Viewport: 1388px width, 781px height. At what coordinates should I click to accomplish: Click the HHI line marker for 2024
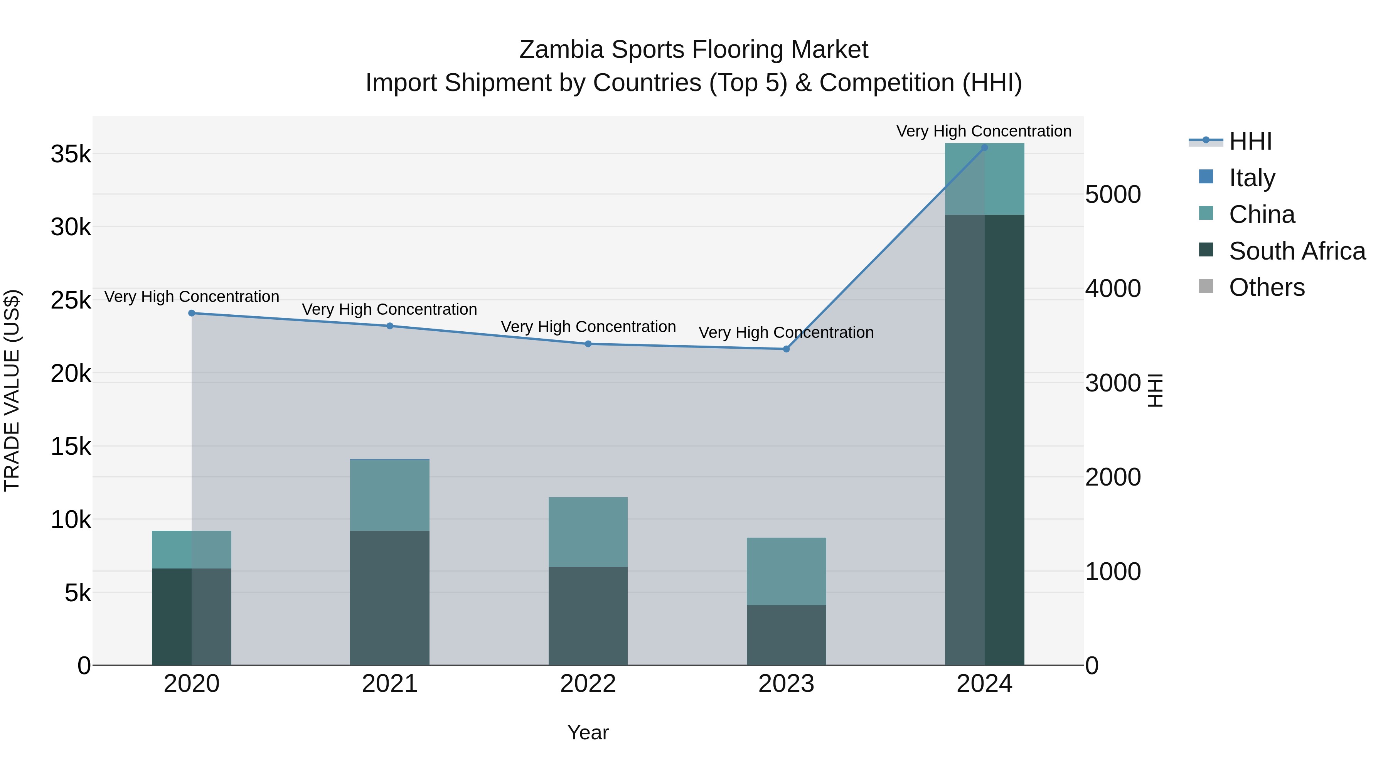coord(984,148)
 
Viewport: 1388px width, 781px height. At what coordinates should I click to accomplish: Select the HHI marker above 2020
coord(192,313)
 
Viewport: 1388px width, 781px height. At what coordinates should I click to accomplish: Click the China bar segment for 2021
coord(389,495)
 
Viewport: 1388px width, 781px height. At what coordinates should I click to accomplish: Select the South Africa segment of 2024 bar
coord(984,439)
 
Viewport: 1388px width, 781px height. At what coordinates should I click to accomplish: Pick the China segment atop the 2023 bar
coord(786,571)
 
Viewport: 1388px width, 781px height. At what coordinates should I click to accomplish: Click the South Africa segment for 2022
coord(588,616)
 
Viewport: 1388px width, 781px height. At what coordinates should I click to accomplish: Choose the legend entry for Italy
coord(1252,177)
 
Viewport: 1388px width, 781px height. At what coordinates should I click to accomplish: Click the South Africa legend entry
coord(1297,251)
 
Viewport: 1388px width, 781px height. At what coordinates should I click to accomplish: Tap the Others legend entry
coord(1266,287)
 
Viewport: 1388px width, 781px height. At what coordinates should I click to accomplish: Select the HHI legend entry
coord(1250,141)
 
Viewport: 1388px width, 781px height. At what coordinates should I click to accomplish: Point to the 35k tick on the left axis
coord(71,155)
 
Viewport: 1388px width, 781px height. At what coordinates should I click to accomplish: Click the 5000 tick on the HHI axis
coord(1113,195)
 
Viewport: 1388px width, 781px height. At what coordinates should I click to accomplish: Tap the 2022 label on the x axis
coord(588,684)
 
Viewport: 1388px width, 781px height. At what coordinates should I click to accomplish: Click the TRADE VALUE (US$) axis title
coord(12,390)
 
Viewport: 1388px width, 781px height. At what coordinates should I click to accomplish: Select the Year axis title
coord(588,732)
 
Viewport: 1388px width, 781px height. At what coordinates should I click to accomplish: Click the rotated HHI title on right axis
coord(1155,390)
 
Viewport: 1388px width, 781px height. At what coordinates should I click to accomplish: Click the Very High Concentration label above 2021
coord(389,309)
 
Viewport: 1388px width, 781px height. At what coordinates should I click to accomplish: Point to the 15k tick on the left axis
coord(71,447)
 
